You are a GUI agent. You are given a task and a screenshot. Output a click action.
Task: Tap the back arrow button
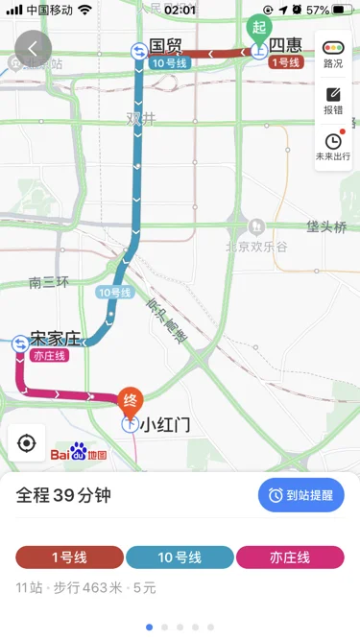click(35, 48)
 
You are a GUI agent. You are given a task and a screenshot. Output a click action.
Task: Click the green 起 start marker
click(258, 28)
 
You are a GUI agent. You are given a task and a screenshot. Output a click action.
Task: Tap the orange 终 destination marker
click(130, 398)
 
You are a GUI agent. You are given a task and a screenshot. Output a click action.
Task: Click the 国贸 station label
click(165, 45)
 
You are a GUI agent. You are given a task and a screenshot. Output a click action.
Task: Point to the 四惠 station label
click(285, 45)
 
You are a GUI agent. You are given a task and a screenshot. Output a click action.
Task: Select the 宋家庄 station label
click(55, 338)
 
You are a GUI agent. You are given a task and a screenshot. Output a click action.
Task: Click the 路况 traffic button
click(333, 54)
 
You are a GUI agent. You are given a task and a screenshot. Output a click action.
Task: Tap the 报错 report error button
click(333, 101)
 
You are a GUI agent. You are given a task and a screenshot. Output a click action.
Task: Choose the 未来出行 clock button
click(333, 147)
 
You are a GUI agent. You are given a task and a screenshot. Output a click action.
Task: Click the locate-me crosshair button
click(27, 442)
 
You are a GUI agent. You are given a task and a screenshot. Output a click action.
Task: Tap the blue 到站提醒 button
click(300, 495)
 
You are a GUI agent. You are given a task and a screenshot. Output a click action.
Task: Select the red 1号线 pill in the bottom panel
click(69, 557)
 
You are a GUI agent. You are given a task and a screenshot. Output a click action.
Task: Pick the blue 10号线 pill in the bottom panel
click(180, 557)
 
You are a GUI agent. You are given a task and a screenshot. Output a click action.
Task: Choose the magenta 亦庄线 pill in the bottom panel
click(290, 557)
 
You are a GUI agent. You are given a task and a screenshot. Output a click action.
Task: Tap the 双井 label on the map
click(140, 118)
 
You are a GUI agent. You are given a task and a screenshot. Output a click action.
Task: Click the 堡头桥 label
click(326, 227)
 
